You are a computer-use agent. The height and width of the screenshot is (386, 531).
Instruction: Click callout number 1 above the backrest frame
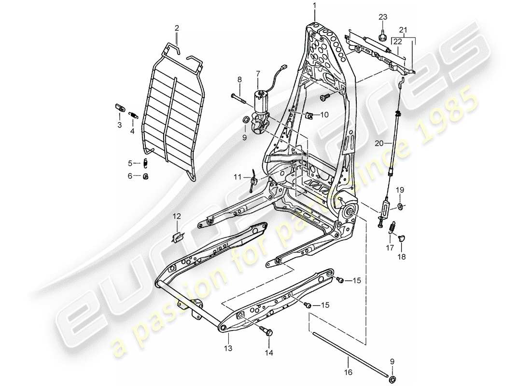point(314,5)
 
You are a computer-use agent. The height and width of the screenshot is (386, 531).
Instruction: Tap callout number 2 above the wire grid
point(177,28)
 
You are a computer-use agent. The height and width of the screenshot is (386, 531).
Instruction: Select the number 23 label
point(383,17)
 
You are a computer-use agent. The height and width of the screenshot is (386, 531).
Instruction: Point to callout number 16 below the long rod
point(349,372)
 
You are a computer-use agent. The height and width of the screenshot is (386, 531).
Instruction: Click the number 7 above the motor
point(258,73)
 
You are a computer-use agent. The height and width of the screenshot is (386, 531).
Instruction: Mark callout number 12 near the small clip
point(178,216)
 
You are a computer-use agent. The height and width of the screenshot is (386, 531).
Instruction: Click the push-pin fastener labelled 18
point(402,237)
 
